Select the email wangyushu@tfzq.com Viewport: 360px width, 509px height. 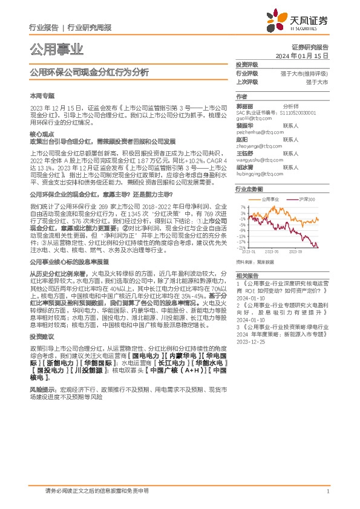[258, 161]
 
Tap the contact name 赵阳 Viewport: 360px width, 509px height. [242, 138]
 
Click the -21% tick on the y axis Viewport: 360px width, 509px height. [241, 248]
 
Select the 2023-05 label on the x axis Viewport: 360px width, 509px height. [272, 251]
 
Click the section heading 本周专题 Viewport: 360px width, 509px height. [39, 96]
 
